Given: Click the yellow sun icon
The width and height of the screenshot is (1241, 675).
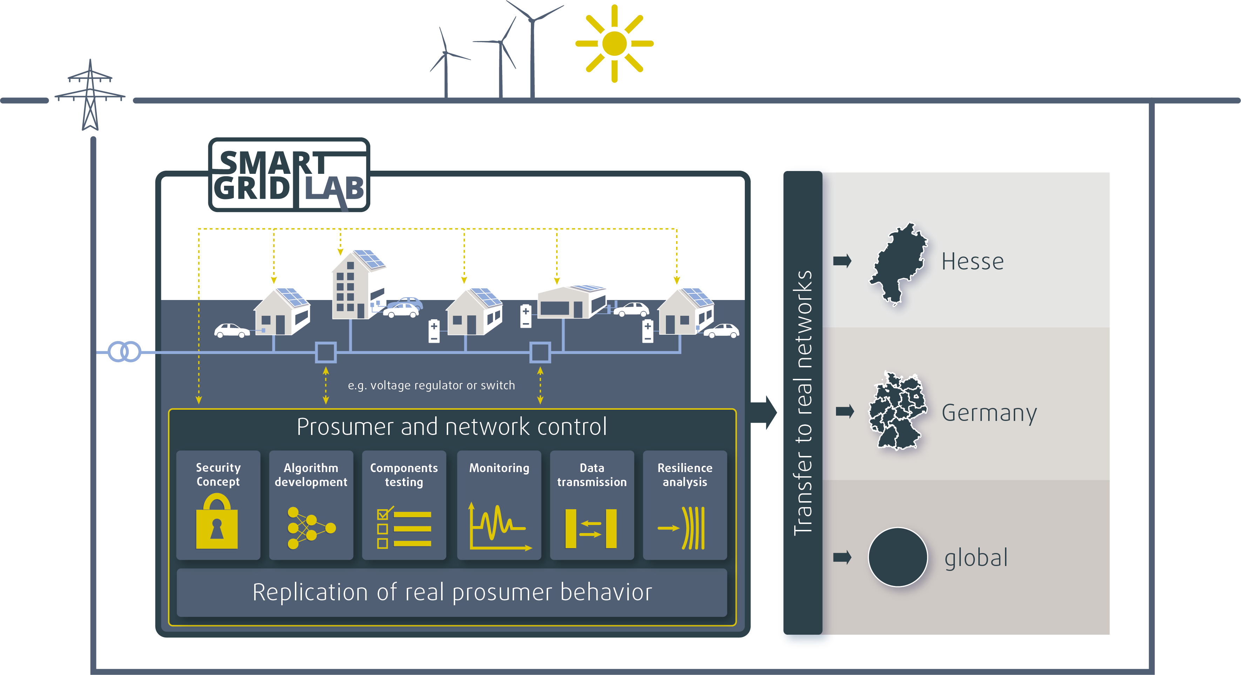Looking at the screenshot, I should pyautogui.click(x=614, y=43).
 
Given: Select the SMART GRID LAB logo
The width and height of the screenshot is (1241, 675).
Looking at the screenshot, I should pyautogui.click(x=289, y=175).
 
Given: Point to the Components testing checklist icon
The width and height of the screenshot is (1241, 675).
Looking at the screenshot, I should pyautogui.click(x=404, y=528).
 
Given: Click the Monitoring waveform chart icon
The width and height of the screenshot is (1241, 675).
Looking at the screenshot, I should pyautogui.click(x=499, y=527).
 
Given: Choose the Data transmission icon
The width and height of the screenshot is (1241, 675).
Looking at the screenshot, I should pyautogui.click(x=591, y=528).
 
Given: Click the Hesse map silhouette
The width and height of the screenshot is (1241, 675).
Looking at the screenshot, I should pyautogui.click(x=897, y=262).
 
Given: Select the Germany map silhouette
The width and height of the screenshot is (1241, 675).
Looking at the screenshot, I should pyautogui.click(x=897, y=412).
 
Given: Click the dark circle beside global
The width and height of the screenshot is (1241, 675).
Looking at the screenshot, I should pyautogui.click(x=897, y=557).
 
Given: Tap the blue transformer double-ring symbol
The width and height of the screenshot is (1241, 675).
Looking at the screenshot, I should pyautogui.click(x=124, y=352).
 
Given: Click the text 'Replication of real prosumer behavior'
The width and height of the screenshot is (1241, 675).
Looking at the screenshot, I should pyautogui.click(x=452, y=592).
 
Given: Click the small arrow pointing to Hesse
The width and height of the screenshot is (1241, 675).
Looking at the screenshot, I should pyautogui.click(x=842, y=261).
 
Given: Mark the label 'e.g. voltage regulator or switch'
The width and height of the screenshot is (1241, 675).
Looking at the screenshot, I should pyautogui.click(x=431, y=385).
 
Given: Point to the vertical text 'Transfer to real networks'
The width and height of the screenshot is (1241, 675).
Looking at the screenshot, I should pyautogui.click(x=803, y=402).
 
